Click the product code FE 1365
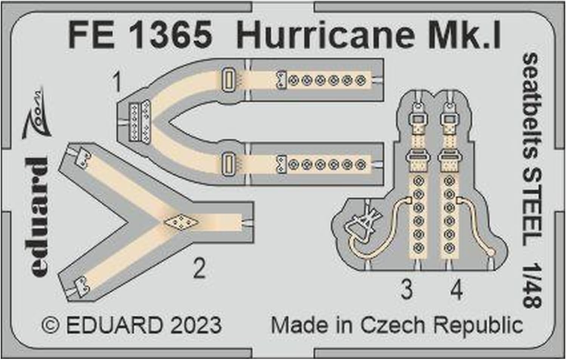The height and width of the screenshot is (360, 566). (x=140, y=35)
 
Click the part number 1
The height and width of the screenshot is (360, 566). (x=118, y=82)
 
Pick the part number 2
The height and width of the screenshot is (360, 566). (x=199, y=269)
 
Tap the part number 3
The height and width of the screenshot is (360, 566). (x=407, y=290)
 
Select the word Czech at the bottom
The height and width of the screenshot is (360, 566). (x=393, y=325)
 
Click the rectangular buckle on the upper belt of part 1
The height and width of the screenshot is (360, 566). (x=227, y=80)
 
